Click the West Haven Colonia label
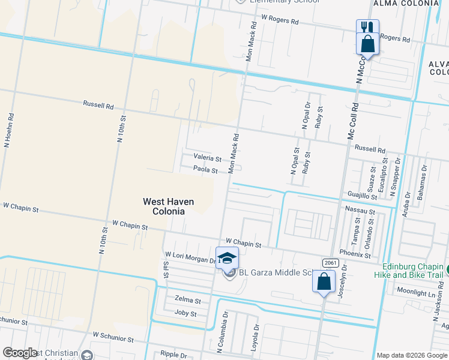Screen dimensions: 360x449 click(163, 206)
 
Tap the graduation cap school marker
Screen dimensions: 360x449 click(227, 258)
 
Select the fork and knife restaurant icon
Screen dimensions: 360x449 click(366, 28)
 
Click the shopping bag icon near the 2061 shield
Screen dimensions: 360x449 click(324, 281)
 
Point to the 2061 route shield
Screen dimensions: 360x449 click(330, 263)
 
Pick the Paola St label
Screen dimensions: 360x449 click(205, 170)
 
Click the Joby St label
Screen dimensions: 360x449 click(185, 313)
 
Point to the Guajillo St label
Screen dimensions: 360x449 click(362, 196)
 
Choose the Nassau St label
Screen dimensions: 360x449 click(360, 211)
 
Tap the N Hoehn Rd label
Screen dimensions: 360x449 click(8, 131)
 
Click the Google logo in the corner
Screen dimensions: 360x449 click(20, 353)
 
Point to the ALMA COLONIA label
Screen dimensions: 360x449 click(406, 4)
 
